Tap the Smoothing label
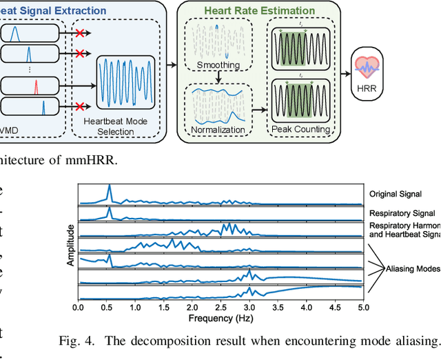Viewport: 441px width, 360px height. click(x=218, y=66)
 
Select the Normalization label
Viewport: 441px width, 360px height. click(x=218, y=129)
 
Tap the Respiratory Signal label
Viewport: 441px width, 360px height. click(x=402, y=213)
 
